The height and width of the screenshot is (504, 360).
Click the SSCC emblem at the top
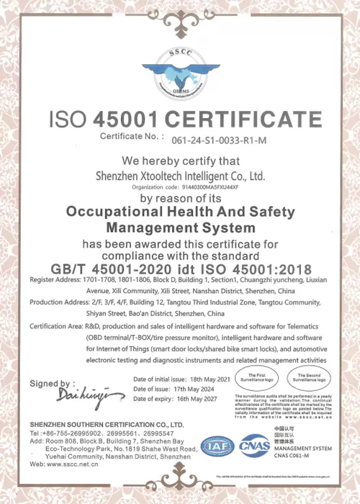pyautogui.click(x=180, y=67)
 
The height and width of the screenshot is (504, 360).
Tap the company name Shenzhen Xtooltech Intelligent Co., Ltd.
pyautogui.click(x=180, y=174)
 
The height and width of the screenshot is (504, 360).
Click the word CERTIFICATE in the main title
pyautogui.click(x=235, y=118)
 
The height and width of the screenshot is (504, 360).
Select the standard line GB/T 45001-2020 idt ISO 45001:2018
pyautogui.click(x=180, y=268)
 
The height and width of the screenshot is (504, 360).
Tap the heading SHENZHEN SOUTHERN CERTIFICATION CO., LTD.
pyautogui.click(x=99, y=425)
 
